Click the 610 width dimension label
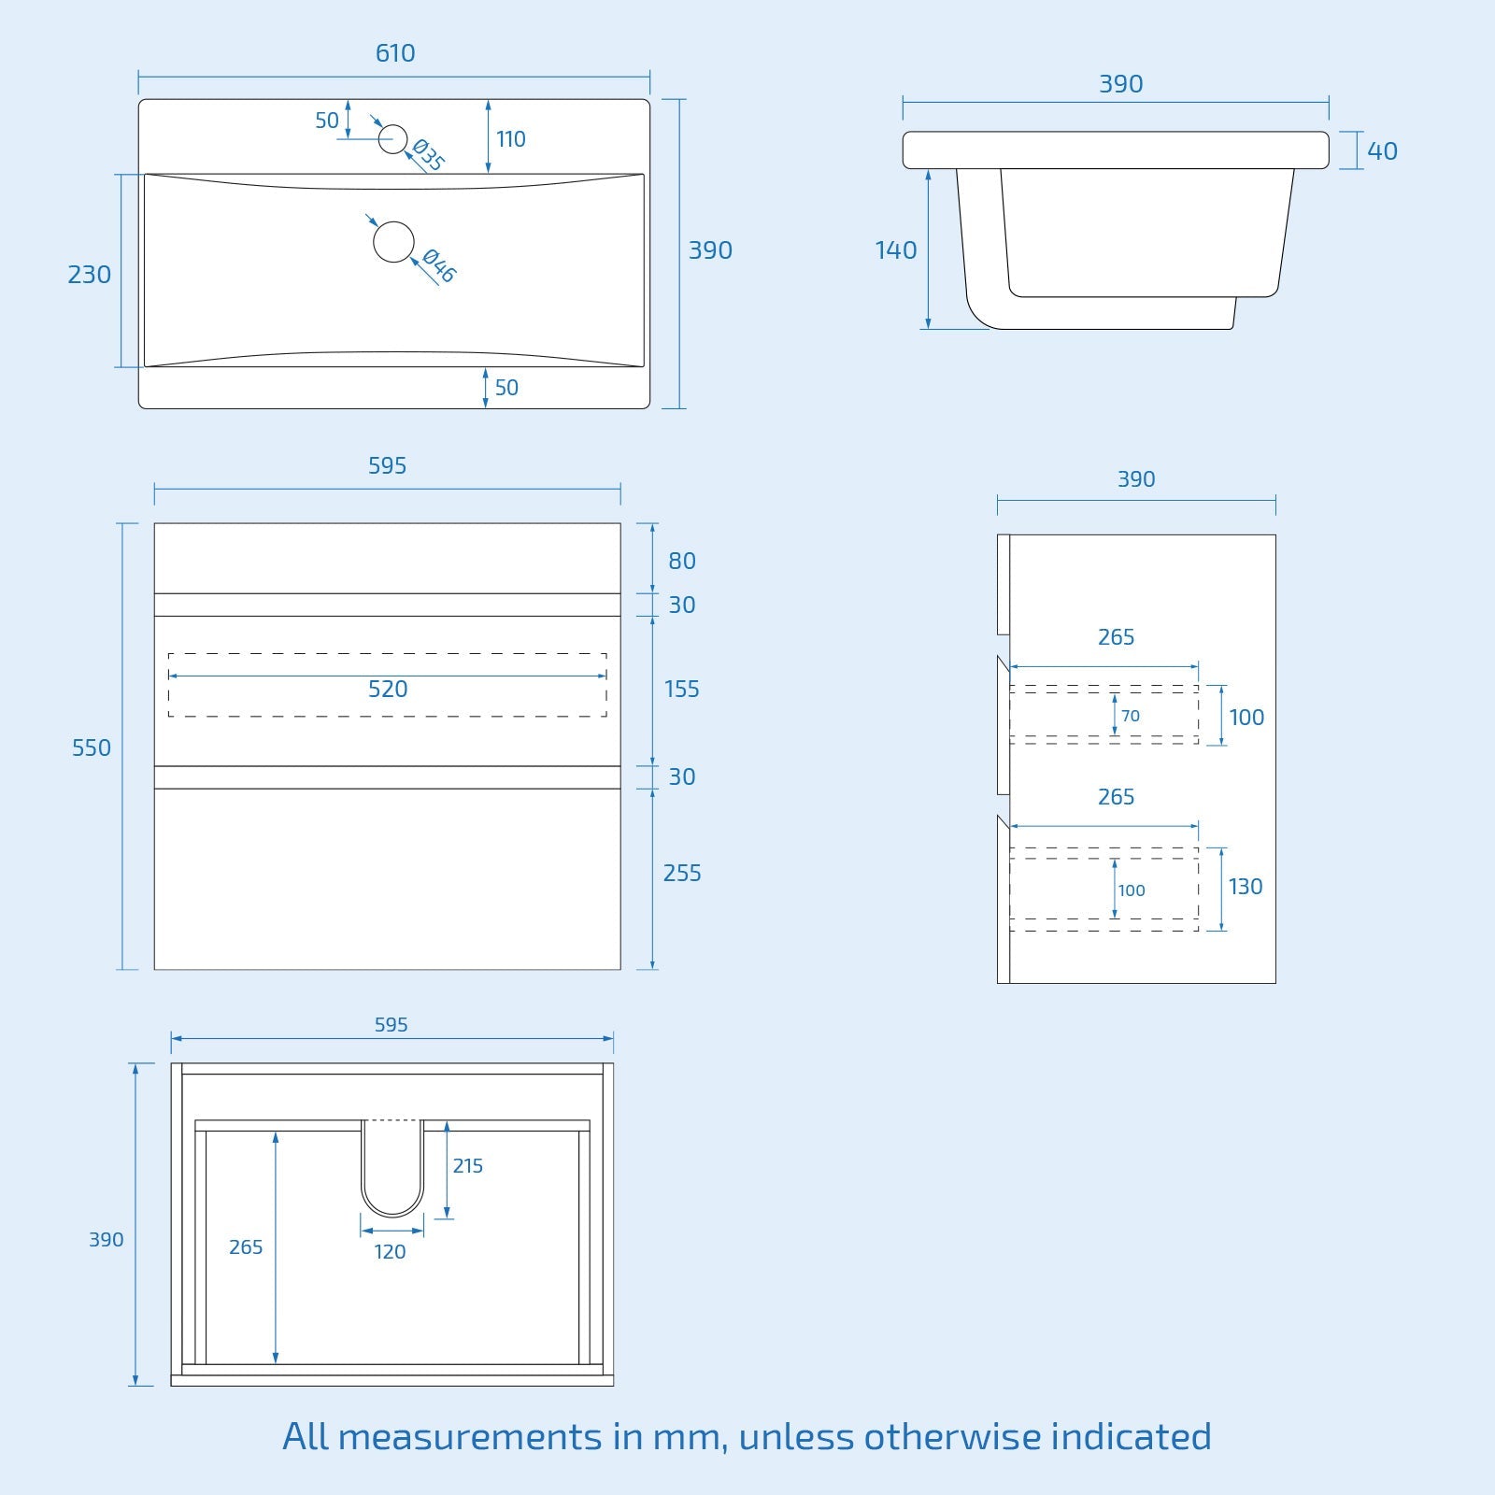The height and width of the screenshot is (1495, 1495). [395, 53]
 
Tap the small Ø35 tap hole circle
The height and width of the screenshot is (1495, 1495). [393, 139]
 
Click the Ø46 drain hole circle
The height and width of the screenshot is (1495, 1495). [393, 242]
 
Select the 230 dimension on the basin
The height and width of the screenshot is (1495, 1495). [90, 275]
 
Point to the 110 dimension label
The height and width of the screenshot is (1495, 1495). [510, 139]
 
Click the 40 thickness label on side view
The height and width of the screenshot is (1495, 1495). [1382, 151]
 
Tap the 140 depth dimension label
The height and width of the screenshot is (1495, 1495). [895, 250]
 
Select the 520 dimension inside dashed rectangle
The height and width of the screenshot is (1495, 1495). [388, 690]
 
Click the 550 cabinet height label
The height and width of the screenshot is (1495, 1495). [92, 748]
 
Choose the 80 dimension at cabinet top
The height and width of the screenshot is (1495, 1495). [682, 562]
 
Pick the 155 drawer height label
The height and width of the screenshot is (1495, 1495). [681, 690]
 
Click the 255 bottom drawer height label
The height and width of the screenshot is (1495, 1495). [682, 874]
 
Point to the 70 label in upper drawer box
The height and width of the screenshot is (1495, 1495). [1131, 717]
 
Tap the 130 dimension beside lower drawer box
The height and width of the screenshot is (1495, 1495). [1246, 887]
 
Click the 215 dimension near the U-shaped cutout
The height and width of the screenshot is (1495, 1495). [468, 1166]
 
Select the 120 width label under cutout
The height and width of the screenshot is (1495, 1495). [390, 1252]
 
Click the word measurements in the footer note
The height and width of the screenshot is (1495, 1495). [469, 1437]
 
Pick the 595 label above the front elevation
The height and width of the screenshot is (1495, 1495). [387, 466]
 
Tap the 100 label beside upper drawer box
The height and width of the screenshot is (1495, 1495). [1246, 718]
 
